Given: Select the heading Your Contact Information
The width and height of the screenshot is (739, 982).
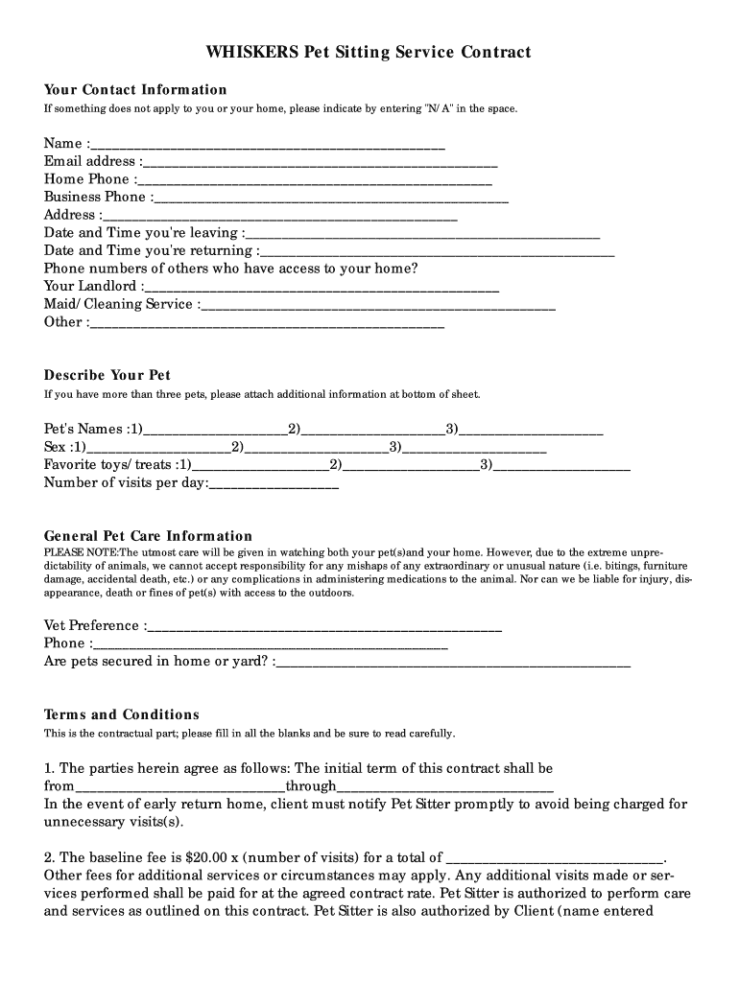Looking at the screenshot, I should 135,90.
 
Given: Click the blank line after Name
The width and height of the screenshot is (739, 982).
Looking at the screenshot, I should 269,145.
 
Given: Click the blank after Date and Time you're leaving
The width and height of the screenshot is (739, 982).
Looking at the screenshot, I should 423,234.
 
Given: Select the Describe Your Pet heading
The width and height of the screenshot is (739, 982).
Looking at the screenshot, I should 107,375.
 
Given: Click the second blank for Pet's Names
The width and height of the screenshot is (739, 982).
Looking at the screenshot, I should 373,431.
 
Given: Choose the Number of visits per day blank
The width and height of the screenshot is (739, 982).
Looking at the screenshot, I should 274,484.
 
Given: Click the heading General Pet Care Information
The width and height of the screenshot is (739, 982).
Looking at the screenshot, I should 149,536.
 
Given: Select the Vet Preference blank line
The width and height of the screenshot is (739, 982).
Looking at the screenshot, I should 325,627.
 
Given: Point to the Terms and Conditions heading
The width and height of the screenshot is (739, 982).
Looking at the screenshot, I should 122,714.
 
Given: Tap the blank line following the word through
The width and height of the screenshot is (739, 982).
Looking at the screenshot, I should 445,787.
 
